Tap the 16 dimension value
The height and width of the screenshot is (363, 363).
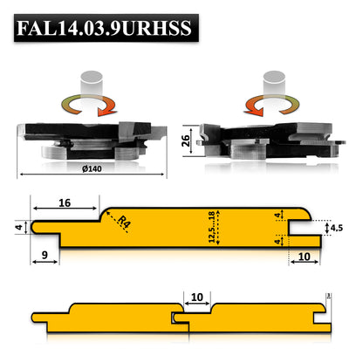pos(65,202)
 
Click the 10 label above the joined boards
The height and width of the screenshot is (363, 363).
pos(196,298)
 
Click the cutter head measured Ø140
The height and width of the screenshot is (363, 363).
pos(90,140)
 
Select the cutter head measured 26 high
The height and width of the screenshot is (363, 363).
pos(266,137)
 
